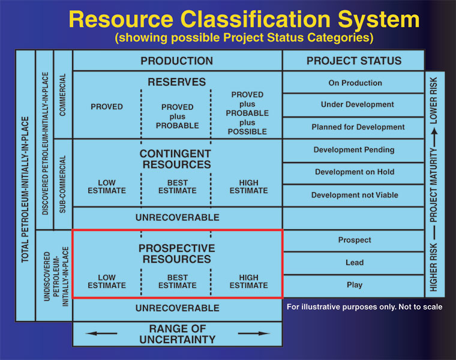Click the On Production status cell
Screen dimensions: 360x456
point(355,83)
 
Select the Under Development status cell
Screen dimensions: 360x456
point(355,104)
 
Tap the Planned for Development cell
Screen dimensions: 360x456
point(355,127)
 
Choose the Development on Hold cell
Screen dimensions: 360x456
point(355,172)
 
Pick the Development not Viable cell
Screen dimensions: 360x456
point(355,195)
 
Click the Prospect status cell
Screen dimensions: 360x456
point(355,240)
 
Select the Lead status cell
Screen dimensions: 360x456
point(355,263)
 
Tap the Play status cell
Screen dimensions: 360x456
point(355,285)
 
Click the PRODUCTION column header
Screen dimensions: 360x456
point(176,61)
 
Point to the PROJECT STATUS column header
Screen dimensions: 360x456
point(354,61)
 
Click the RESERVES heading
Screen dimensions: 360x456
point(176,82)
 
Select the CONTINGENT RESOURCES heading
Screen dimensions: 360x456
point(176,159)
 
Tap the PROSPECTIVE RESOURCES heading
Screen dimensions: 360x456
point(176,254)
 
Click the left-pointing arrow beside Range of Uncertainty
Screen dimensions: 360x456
point(101,333)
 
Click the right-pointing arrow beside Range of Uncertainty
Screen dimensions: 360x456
point(254,333)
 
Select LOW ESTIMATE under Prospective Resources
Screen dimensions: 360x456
point(107,281)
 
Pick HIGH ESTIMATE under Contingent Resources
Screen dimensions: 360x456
point(248,187)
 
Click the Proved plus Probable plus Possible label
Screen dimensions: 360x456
point(247,113)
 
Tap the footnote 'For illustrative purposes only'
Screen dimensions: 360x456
point(364,307)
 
